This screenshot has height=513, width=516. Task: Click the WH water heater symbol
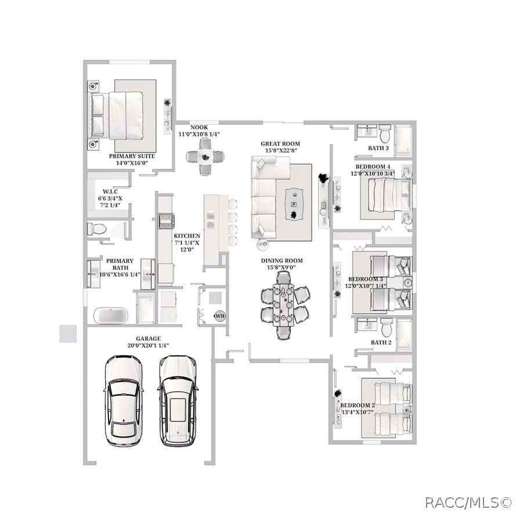pyautogui.click(x=220, y=316)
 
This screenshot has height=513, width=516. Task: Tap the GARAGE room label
pyautogui.click(x=149, y=338)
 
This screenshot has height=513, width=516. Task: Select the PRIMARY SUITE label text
pyautogui.click(x=132, y=156)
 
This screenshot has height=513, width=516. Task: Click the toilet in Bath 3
pyautogui.click(x=384, y=133)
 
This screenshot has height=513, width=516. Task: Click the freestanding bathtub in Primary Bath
pyautogui.click(x=110, y=316)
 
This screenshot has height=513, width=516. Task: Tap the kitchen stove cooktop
pyautogui.click(x=166, y=221)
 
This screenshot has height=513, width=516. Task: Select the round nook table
pyautogui.click(x=205, y=157)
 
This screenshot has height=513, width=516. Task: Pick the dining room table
pyautogui.click(x=283, y=305)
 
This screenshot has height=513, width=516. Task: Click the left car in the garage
pyautogui.click(x=124, y=400)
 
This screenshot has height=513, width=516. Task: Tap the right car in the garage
pyautogui.click(x=178, y=400)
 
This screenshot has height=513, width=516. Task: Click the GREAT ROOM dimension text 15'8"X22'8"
pyautogui.click(x=282, y=150)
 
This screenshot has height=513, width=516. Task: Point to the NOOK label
pyautogui.click(x=199, y=127)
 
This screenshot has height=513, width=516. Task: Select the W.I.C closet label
pyautogui.click(x=110, y=192)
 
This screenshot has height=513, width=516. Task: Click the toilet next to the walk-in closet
pyautogui.click(x=97, y=229)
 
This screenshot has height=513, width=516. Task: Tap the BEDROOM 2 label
pyautogui.click(x=358, y=406)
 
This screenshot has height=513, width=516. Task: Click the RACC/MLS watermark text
pyautogui.click(x=468, y=503)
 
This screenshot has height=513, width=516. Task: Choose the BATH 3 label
pyautogui.click(x=378, y=148)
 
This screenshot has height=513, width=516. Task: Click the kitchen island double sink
pyautogui.click(x=210, y=221)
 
